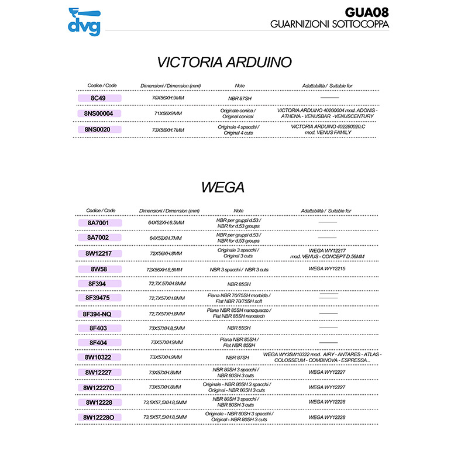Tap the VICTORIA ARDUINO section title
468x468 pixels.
pyautogui.click(x=225, y=63)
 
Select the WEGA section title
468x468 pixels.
pyautogui.click(x=222, y=187)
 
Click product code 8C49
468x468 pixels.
pyautogui.click(x=98, y=98)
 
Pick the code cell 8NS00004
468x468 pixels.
pyautogui.click(x=102, y=113)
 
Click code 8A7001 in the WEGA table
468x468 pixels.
pyautogui.click(x=98, y=223)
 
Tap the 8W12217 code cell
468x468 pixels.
pyautogui.click(x=102, y=253)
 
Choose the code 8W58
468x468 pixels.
pyautogui.click(x=98, y=269)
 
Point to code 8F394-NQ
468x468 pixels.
pyautogui.click(x=98, y=314)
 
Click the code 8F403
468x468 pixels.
pyautogui.click(x=98, y=328)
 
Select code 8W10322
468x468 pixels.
pyautogui.click(x=98, y=357)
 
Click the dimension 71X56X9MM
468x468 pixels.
pyautogui.click(x=168, y=113)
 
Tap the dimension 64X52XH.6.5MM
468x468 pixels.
pyautogui.click(x=167, y=223)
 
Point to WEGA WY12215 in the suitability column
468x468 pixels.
pyautogui.click(x=327, y=269)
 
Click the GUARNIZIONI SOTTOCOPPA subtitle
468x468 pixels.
pyautogui.click(x=330, y=24)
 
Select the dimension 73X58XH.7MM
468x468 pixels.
pyautogui.click(x=168, y=129)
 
